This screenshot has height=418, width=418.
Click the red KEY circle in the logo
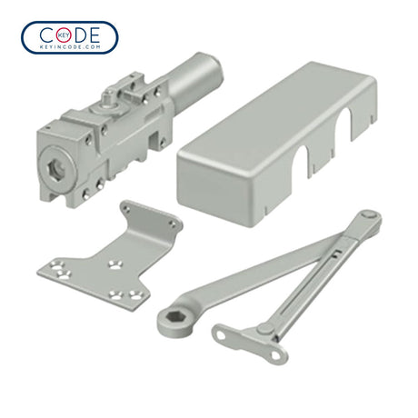click(x=64, y=35)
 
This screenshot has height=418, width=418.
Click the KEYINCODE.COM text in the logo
click(x=70, y=47)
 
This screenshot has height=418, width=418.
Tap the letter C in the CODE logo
click(x=47, y=35)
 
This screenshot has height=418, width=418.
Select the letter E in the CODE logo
click(x=94, y=35)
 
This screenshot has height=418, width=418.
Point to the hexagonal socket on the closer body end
click(x=56, y=168)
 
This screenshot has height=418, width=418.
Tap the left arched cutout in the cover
click(x=300, y=161)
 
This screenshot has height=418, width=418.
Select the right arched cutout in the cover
click(x=344, y=124)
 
